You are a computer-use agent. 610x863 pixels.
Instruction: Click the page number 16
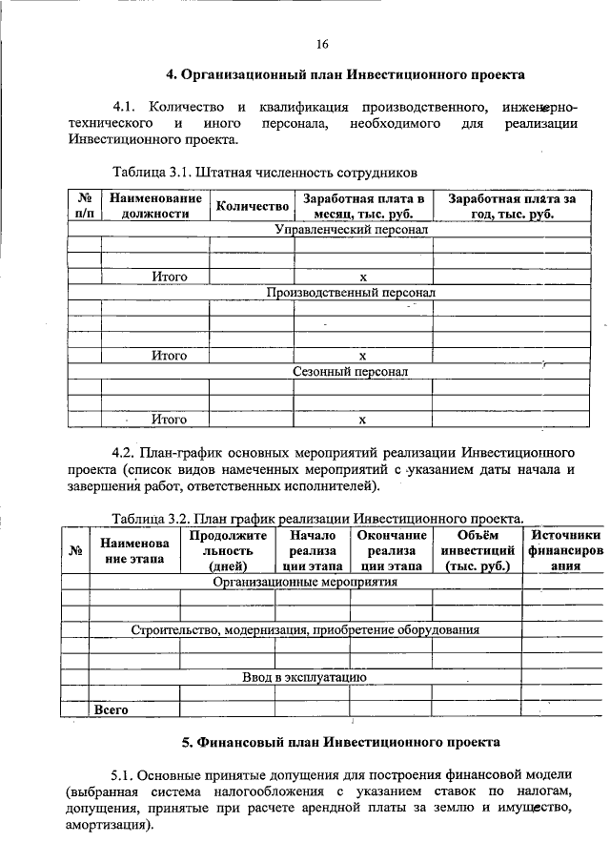[322, 44]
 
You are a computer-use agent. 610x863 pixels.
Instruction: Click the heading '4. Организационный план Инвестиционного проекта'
[345, 73]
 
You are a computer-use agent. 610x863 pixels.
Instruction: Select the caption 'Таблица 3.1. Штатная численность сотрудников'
[265, 174]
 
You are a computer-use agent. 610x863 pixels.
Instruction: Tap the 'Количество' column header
[252, 207]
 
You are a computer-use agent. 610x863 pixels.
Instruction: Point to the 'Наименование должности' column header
[155, 206]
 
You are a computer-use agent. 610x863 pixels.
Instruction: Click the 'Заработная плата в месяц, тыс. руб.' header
[362, 206]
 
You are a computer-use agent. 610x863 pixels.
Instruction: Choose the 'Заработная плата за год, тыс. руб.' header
[512, 206]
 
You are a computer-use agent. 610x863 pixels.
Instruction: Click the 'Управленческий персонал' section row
[351, 230]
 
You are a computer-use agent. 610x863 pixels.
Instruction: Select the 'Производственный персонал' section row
[351, 293]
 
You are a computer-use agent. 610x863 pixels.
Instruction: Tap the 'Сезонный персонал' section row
[351, 371]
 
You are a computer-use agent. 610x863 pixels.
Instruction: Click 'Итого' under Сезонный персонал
[169, 419]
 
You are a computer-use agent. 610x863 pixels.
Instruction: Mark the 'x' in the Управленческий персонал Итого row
[362, 277]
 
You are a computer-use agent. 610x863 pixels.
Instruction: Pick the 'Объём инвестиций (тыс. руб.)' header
[477, 550]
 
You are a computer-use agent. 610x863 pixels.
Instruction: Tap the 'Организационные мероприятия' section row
[305, 580]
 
